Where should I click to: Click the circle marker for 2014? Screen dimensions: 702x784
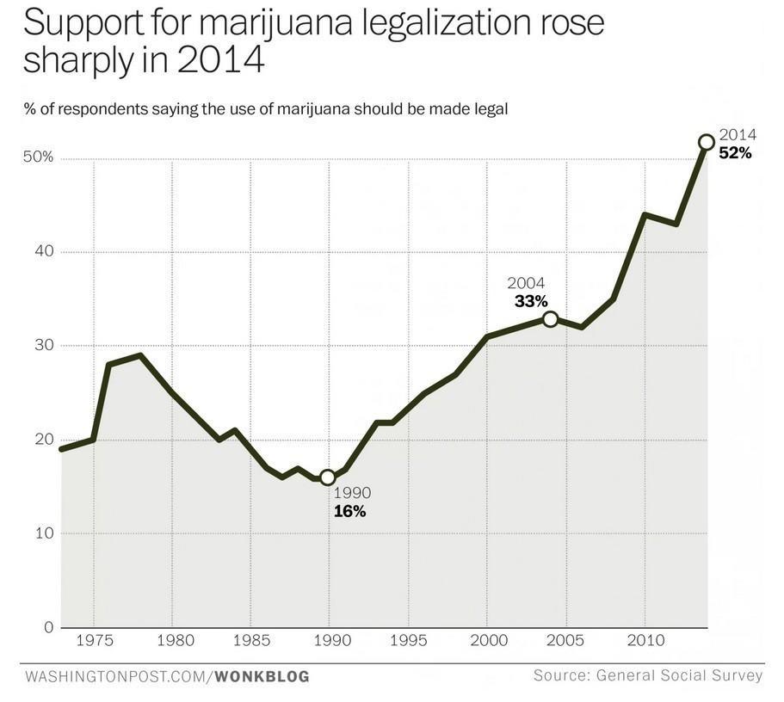(706, 142)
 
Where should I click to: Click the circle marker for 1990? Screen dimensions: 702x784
(328, 477)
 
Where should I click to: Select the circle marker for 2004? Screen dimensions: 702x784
(550, 319)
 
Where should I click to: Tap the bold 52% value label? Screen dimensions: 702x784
(735, 153)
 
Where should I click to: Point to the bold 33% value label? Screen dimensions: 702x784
(531, 300)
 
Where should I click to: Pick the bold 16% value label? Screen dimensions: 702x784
(349, 511)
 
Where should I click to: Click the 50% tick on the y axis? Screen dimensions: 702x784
(39, 157)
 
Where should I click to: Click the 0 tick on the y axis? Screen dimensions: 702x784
(49, 627)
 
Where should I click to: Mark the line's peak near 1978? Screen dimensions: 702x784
(139, 354)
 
